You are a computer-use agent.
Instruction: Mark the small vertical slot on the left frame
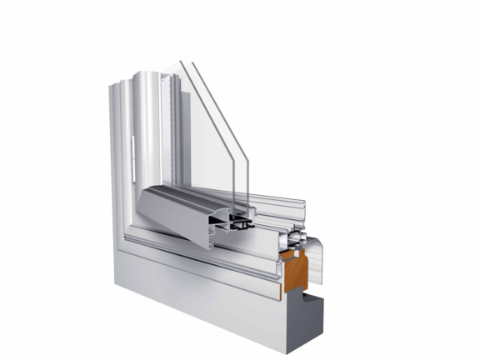132,151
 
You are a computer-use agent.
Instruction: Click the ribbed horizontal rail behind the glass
275,205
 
